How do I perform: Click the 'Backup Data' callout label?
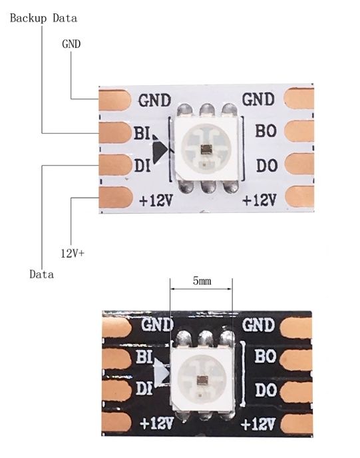pyautogui.click(x=43, y=18)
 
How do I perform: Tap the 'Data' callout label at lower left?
pyautogui.click(x=42, y=274)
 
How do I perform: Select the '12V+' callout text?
pyautogui.click(x=73, y=253)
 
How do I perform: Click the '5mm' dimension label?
pyautogui.click(x=202, y=281)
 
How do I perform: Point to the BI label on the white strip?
pyautogui.click(x=142, y=133)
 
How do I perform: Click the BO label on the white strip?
pyautogui.click(x=266, y=130)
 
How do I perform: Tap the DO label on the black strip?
pyautogui.click(x=266, y=390)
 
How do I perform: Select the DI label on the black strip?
pyautogui.click(x=144, y=389)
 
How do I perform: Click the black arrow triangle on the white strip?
pyautogui.click(x=160, y=149)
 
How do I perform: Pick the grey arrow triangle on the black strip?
pyautogui.click(x=162, y=373)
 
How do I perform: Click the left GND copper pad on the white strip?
pyautogui.click(x=114, y=100)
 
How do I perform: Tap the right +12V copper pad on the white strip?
pyautogui.click(x=299, y=197)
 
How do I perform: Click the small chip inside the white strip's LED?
pyautogui.click(x=206, y=150)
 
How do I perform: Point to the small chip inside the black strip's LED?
pyautogui.click(x=202, y=379)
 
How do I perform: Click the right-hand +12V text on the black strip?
pyautogui.click(x=258, y=424)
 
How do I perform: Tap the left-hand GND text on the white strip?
pyautogui.click(x=154, y=101)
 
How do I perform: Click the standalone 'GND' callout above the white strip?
pyautogui.click(x=71, y=44)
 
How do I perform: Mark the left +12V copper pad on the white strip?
pyautogui.click(x=116, y=197)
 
